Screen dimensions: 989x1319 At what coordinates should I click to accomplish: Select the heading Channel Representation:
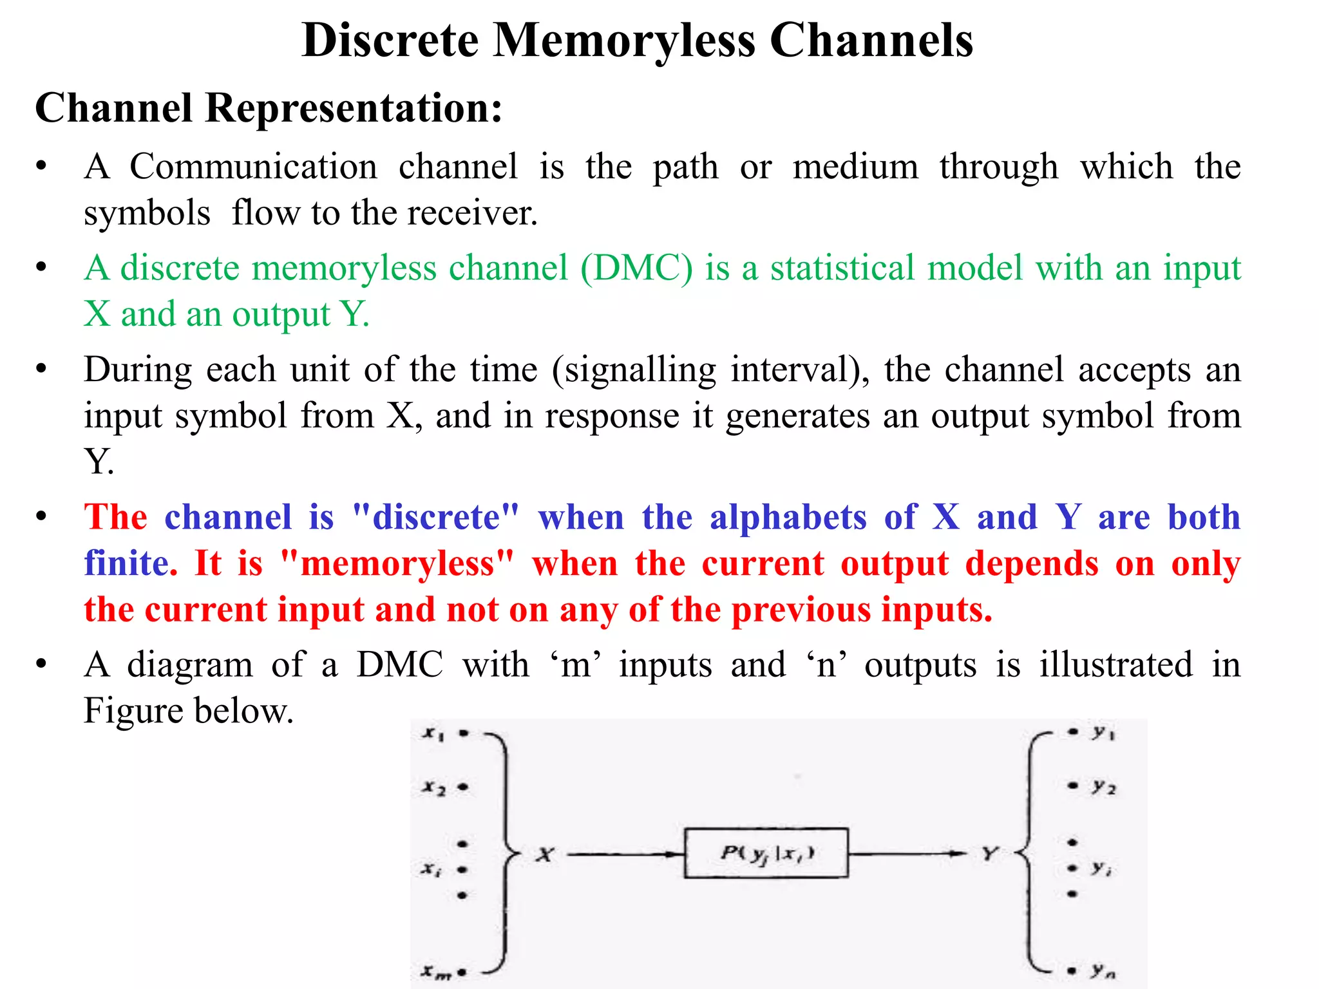tap(268, 108)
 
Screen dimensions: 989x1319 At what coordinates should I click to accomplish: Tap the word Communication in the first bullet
tap(253, 167)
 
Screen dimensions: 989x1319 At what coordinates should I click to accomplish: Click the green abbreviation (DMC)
tap(636, 268)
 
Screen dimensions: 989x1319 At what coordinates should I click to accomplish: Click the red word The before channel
tap(115, 518)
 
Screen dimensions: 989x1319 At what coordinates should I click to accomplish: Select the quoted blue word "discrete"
tap(435, 518)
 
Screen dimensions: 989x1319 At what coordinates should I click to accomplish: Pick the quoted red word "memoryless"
tap(397, 564)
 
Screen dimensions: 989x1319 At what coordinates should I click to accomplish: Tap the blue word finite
tap(131, 564)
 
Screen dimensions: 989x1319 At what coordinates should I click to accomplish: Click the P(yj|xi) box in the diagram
tap(766, 853)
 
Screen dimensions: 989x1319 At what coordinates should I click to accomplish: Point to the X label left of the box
tap(545, 855)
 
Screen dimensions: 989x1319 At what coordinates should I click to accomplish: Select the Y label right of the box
tap(989, 854)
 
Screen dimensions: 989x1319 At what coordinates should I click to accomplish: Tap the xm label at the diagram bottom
tap(436, 972)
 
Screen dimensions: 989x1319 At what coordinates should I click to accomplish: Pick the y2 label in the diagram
tap(1104, 787)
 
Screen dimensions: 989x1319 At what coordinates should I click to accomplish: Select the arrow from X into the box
tap(625, 855)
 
